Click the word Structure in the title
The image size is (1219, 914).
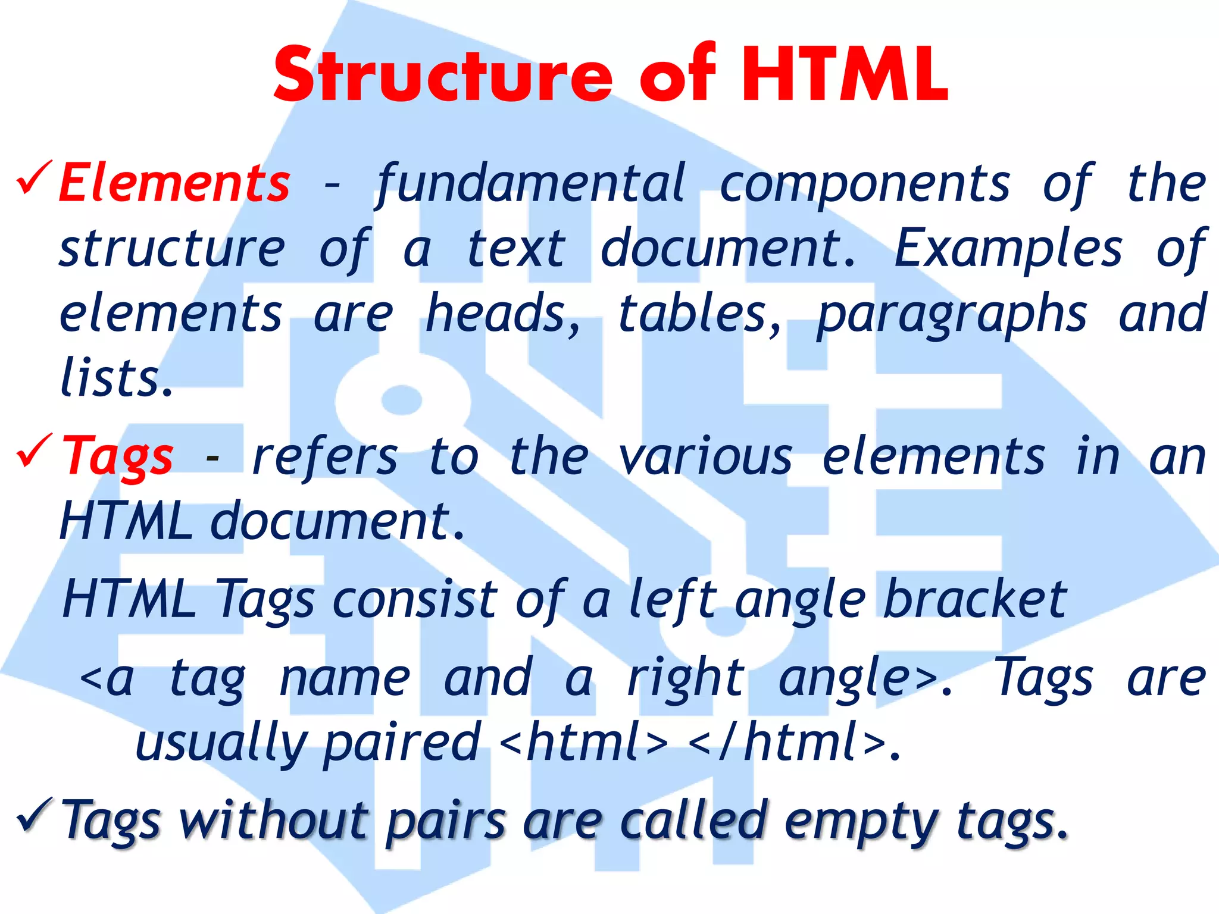tap(443, 76)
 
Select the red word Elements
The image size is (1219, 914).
tap(174, 183)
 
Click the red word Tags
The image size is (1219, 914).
tap(118, 457)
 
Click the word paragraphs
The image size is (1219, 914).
tap(951, 315)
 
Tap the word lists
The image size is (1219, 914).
tap(116, 378)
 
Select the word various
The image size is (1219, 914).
tap(705, 457)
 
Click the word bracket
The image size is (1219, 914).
tap(975, 600)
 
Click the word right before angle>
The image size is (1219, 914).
tap(686, 678)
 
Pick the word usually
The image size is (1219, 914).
tap(220, 744)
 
